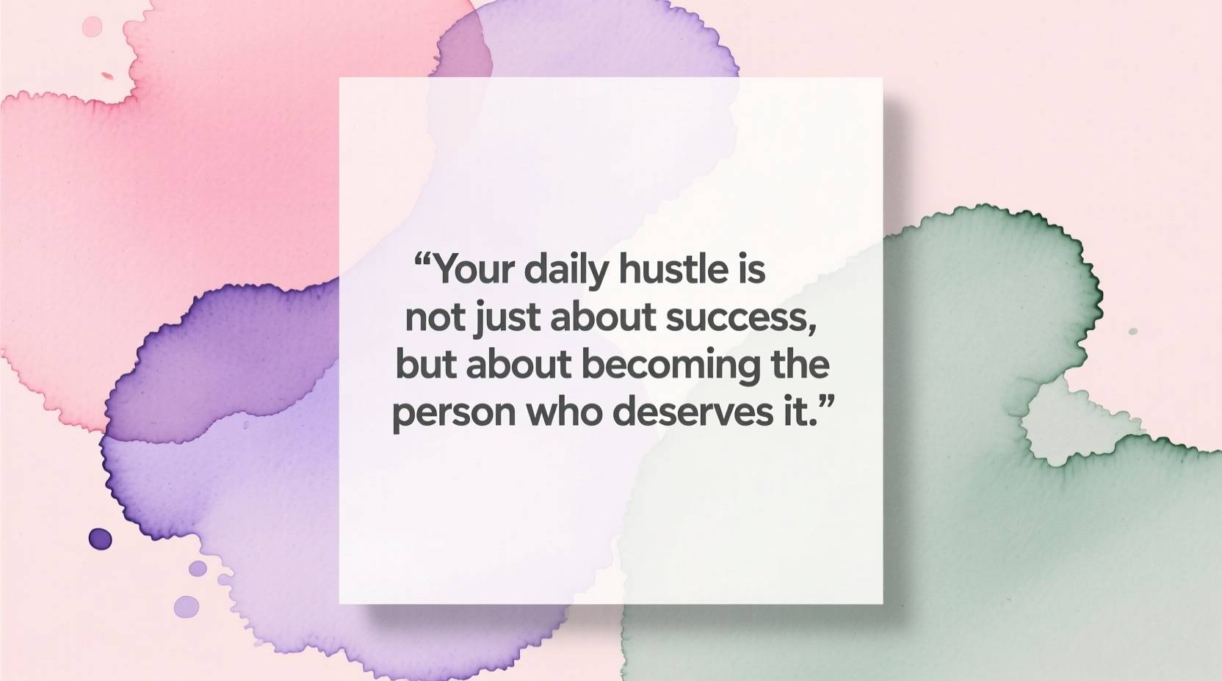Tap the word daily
[x=566, y=270]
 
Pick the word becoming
[x=671, y=365]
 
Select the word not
[x=435, y=318]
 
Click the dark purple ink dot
[x=101, y=539]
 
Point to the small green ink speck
[x=1132, y=332]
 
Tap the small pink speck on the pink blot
[x=107, y=76]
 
